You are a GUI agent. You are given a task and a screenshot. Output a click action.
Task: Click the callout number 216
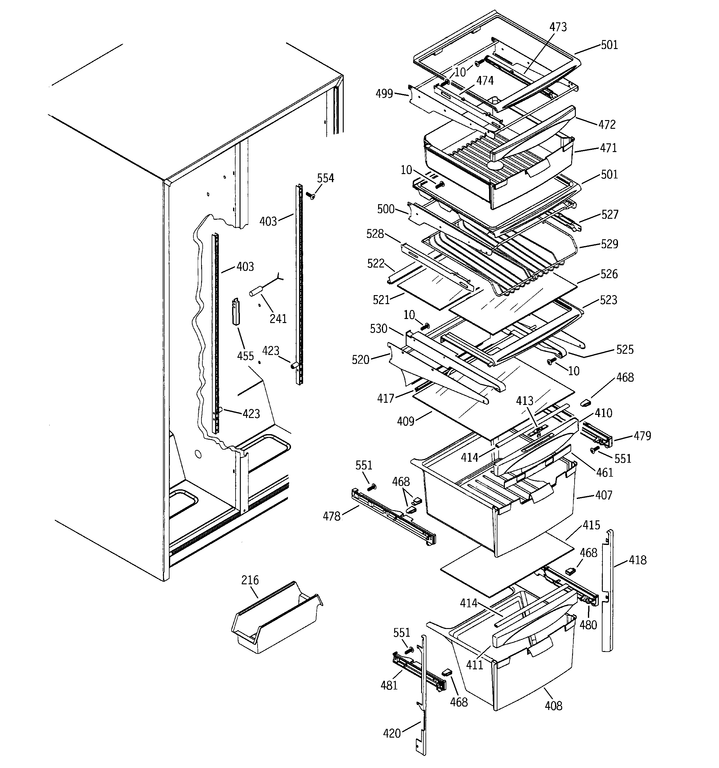pos(250,580)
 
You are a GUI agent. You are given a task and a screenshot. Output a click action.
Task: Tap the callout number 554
pos(325,178)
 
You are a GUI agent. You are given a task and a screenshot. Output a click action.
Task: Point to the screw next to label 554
pos(310,195)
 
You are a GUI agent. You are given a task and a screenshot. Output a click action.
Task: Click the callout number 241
pos(278,319)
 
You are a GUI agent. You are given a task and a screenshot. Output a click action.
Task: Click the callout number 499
pos(384,93)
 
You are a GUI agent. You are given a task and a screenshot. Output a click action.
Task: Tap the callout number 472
pos(607,124)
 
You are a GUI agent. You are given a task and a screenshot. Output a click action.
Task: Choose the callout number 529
pos(609,244)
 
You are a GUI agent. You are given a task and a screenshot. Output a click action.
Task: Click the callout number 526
pos(609,274)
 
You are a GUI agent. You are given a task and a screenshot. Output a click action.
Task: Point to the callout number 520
pos(360,360)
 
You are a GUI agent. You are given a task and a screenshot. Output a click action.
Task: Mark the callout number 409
pos(406,421)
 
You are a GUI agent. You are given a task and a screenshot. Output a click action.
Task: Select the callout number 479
pos(642,436)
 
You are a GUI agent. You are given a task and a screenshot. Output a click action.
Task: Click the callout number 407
pos(604,495)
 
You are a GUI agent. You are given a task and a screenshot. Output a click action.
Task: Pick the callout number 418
pos(637,560)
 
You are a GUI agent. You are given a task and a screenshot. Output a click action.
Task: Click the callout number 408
pos(554,706)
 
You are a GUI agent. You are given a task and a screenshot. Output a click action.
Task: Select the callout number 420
pos(392,733)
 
